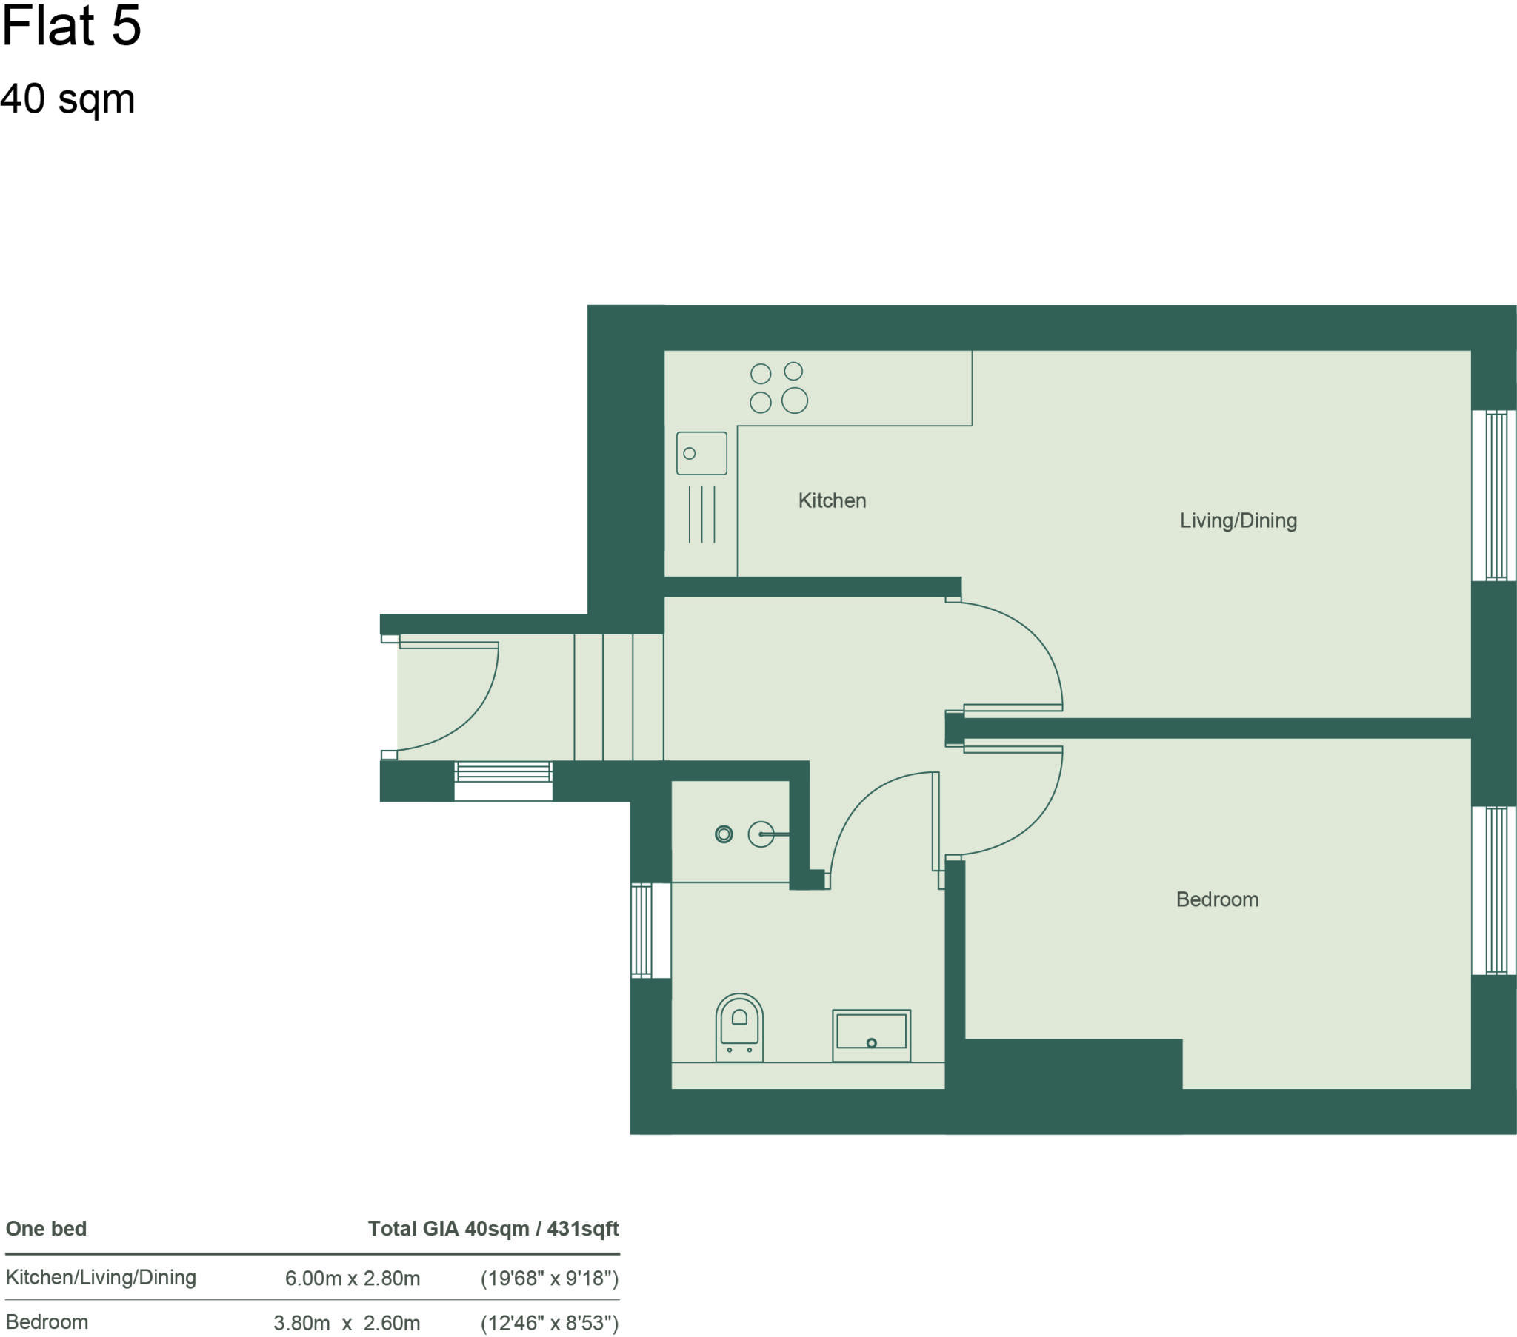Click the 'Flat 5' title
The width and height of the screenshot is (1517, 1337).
(x=70, y=26)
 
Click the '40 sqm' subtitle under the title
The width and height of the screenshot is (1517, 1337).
(x=67, y=98)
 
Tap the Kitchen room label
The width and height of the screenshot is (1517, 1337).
(x=832, y=500)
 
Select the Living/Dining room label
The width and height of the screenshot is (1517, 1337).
(x=1238, y=521)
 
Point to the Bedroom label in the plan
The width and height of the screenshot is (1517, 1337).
(x=1217, y=899)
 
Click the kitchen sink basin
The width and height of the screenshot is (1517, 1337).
(x=701, y=453)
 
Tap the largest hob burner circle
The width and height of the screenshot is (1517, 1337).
(x=794, y=401)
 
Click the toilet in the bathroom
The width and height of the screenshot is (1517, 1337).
(x=739, y=1028)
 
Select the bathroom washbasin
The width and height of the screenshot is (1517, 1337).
(x=871, y=1034)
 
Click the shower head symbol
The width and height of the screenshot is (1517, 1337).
(x=761, y=834)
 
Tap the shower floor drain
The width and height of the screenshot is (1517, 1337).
(x=724, y=834)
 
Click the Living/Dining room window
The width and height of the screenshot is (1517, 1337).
(x=1493, y=495)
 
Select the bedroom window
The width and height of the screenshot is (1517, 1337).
(x=1493, y=891)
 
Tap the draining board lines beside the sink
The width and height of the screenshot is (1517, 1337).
(x=702, y=515)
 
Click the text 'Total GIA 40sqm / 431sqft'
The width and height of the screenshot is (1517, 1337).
(x=493, y=1229)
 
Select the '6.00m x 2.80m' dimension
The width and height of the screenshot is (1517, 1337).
(x=353, y=1279)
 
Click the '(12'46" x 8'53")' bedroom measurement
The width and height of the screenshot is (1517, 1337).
(x=549, y=1323)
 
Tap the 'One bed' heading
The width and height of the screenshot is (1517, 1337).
(x=46, y=1229)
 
